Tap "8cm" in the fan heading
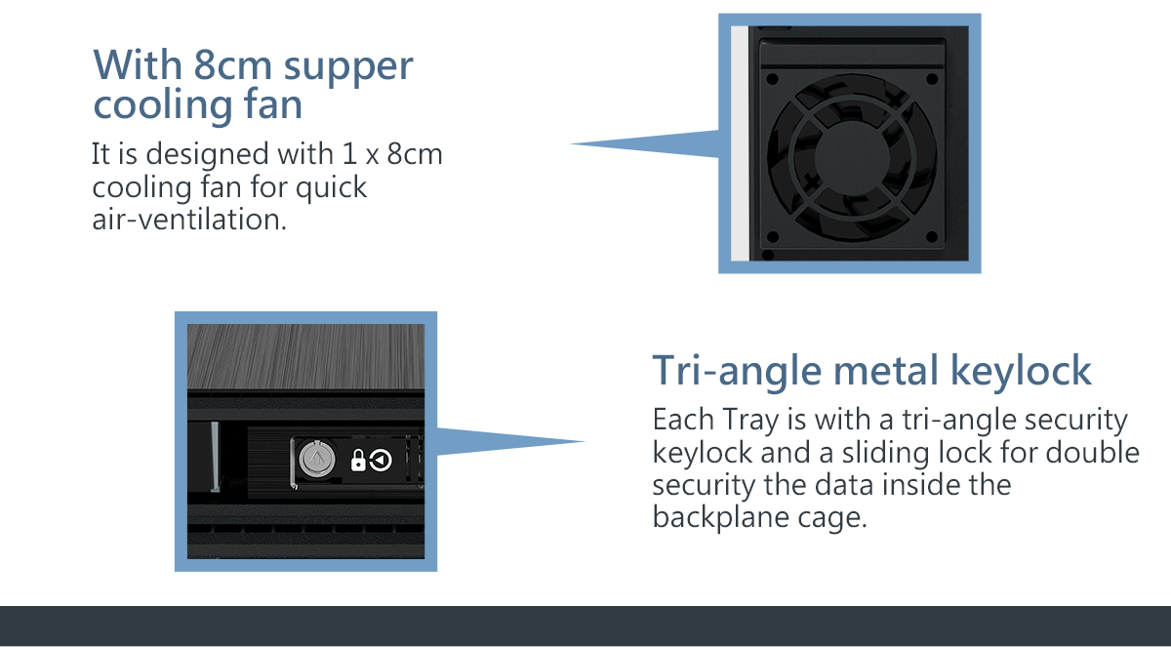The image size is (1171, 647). click(232, 64)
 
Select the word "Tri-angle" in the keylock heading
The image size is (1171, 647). click(737, 371)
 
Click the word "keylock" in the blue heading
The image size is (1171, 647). click(1021, 371)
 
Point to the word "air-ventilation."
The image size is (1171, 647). click(189, 220)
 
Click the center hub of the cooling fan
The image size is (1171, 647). click(852, 157)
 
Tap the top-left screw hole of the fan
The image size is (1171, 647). click(772, 79)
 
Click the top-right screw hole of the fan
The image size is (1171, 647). click(932, 79)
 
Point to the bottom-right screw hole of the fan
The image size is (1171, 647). click(932, 237)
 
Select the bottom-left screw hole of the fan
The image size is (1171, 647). click(772, 237)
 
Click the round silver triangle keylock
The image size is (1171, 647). click(316, 459)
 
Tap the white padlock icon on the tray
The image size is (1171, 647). click(358, 461)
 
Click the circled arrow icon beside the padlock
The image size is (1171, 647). click(381, 461)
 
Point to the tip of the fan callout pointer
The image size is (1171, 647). click(570, 143)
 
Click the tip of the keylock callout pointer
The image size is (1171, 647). click(585, 442)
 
